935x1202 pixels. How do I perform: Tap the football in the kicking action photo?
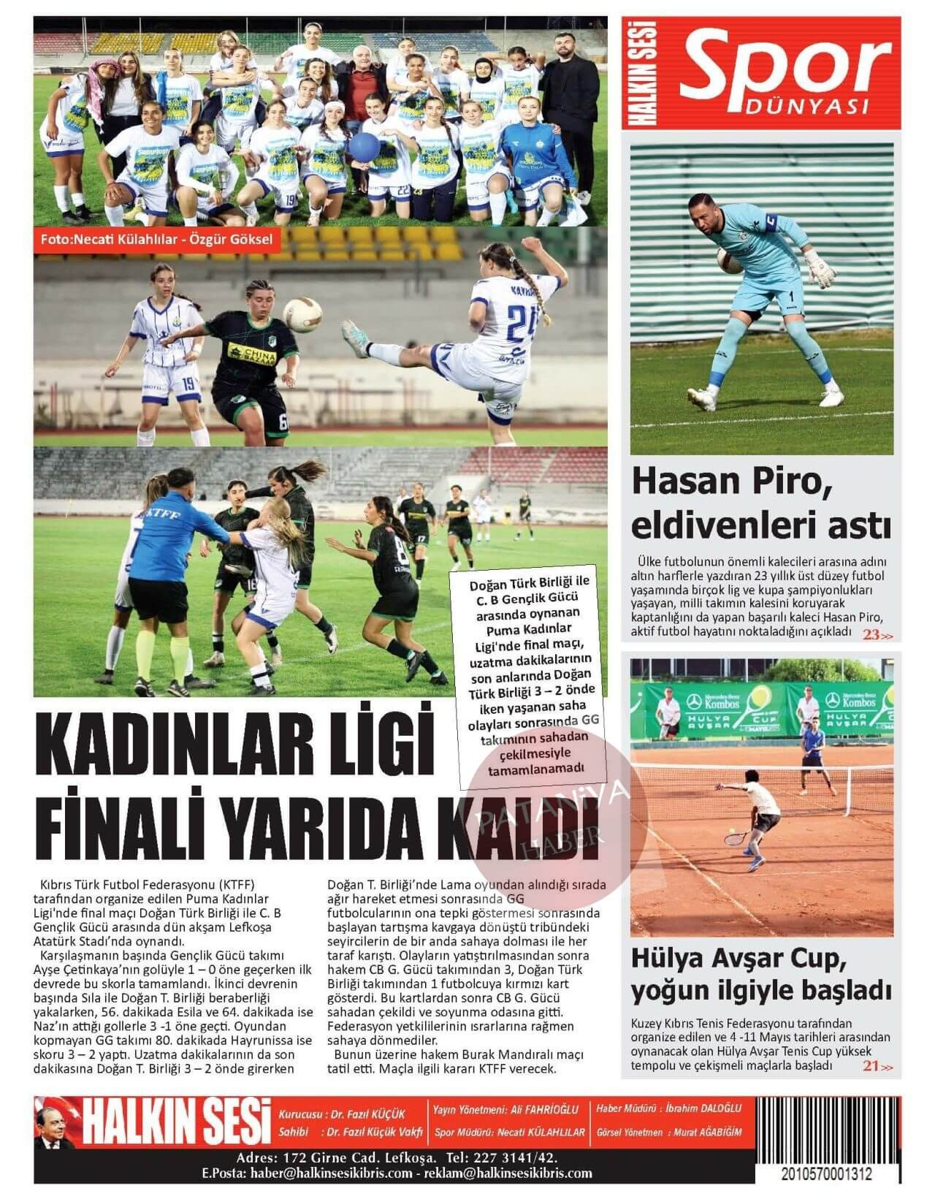click(x=302, y=314)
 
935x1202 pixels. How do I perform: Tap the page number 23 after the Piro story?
click(x=871, y=634)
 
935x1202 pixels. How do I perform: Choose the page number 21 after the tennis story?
click(x=871, y=1066)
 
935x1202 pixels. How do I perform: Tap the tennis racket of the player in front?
click(x=734, y=837)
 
